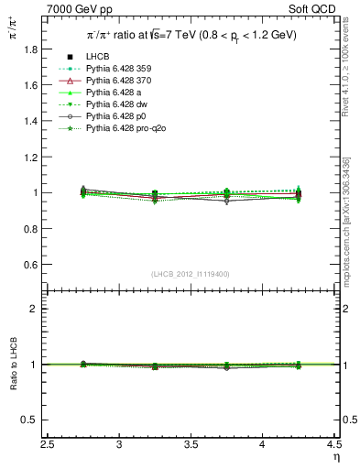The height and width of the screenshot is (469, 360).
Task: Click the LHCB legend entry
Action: point(96,57)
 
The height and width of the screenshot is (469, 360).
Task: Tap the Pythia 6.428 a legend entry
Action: point(112,93)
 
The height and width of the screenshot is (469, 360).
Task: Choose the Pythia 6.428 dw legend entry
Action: point(115,104)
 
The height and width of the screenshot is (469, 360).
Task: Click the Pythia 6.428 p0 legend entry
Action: point(115,116)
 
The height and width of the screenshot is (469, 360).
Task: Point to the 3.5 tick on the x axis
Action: point(191,444)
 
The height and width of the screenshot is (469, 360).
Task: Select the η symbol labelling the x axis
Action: point(335,457)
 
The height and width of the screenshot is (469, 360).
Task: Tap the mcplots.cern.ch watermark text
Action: point(349,211)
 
